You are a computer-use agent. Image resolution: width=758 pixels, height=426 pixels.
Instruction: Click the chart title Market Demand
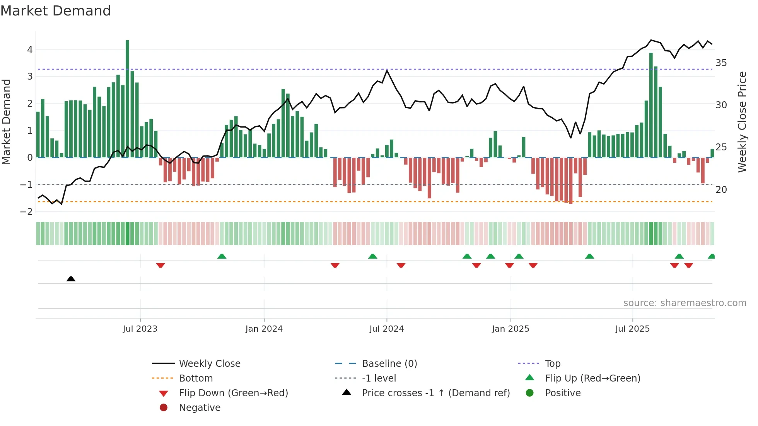point(56,11)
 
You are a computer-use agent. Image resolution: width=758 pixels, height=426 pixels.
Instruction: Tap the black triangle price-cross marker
point(71,279)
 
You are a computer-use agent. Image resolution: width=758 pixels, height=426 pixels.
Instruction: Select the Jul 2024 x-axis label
point(386,329)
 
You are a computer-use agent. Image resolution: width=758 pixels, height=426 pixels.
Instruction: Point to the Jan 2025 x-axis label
point(510,329)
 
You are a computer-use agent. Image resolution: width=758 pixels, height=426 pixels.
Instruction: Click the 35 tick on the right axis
point(721,63)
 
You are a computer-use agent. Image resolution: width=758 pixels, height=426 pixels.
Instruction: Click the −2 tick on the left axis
point(26,211)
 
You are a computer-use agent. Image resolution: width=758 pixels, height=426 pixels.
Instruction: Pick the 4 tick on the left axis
point(30,49)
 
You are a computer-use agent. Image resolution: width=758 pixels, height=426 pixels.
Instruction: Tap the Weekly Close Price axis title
point(742,122)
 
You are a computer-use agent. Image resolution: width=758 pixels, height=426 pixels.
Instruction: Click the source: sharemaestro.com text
point(685,303)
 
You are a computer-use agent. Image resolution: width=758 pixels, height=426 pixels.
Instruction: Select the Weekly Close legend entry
point(209,363)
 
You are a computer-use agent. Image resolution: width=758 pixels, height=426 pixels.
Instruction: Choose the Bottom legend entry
point(196,378)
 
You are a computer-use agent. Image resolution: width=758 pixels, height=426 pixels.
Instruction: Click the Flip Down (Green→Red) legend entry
point(233,393)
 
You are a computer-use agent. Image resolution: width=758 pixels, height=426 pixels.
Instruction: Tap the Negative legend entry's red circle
point(164,407)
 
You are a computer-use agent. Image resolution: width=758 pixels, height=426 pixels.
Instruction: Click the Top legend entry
point(552,363)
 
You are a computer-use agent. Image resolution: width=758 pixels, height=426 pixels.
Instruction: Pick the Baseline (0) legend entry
point(389,363)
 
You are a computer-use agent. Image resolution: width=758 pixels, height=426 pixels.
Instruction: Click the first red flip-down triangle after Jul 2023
point(160,265)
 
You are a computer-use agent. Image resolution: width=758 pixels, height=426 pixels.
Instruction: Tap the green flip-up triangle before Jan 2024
point(222,256)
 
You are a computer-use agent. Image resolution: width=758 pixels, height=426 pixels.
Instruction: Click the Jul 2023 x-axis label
point(140,329)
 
